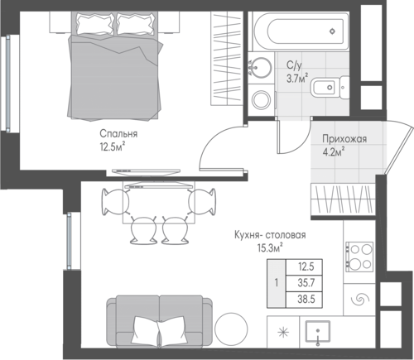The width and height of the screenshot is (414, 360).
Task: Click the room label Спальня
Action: coord(118,134)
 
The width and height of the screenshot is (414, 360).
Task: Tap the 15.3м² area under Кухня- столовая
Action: coord(270,247)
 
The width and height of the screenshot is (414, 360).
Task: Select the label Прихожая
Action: coord(344,139)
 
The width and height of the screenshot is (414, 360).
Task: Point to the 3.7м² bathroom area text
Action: coord(297,78)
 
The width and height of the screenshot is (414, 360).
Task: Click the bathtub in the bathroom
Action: coord(299,31)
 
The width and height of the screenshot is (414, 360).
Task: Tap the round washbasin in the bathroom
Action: coord(259,68)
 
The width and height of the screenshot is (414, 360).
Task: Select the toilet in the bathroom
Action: coord(330,88)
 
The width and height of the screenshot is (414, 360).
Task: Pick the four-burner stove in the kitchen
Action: coord(359,257)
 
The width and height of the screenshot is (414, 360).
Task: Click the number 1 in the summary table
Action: coord(277,283)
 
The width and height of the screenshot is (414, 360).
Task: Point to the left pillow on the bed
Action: coord(95,23)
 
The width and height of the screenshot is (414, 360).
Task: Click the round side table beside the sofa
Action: coord(231,329)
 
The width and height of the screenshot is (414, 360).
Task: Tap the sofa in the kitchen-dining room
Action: coord(160,321)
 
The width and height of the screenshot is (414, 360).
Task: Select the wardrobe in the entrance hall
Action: coord(343,199)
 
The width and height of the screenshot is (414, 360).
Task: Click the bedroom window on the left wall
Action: coord(8,83)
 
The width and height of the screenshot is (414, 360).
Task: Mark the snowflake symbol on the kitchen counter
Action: coord(283,332)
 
